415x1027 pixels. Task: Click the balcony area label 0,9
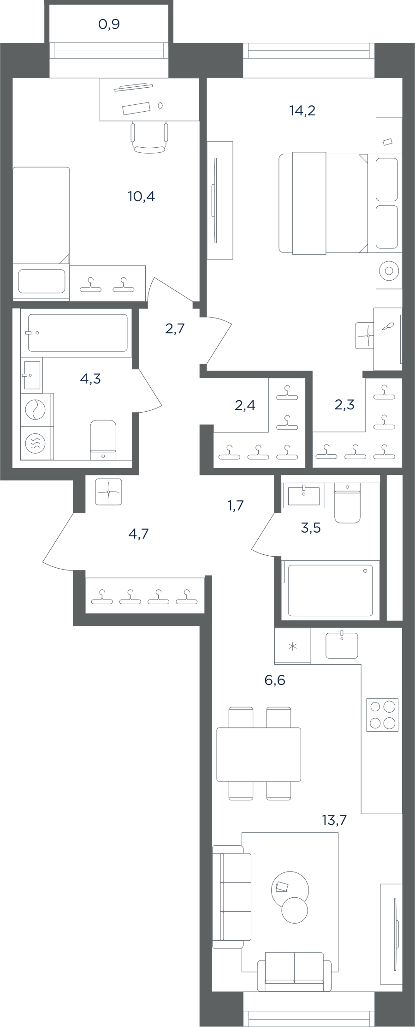point(109,24)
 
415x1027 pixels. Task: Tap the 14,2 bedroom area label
point(302,111)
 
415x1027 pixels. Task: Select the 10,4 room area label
point(141,197)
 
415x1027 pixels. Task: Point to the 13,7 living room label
point(334,820)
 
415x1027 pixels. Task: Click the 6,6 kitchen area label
point(275,680)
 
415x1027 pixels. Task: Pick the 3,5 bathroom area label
point(310,528)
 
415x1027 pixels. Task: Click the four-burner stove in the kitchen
point(382,715)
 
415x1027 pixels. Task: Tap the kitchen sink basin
point(342,645)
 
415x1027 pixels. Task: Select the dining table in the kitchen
point(259,754)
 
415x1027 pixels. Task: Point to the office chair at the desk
point(149,137)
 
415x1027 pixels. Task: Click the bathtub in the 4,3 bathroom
point(77,333)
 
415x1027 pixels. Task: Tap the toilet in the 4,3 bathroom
point(103,439)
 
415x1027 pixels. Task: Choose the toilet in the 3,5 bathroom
point(347,503)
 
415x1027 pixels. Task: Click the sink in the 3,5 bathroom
point(303,495)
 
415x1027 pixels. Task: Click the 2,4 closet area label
point(245,406)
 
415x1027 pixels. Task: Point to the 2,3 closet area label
point(344,405)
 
